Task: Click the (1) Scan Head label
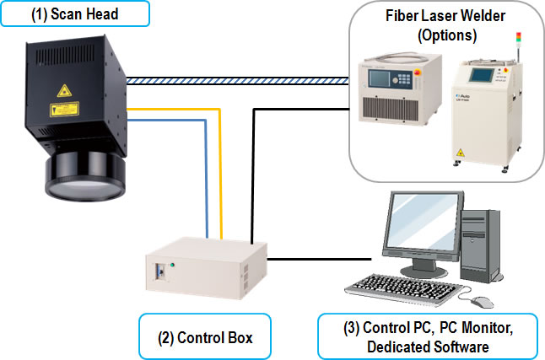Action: [75, 13]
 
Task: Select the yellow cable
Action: [221, 169]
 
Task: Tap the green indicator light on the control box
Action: [171, 266]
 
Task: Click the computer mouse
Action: [481, 300]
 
